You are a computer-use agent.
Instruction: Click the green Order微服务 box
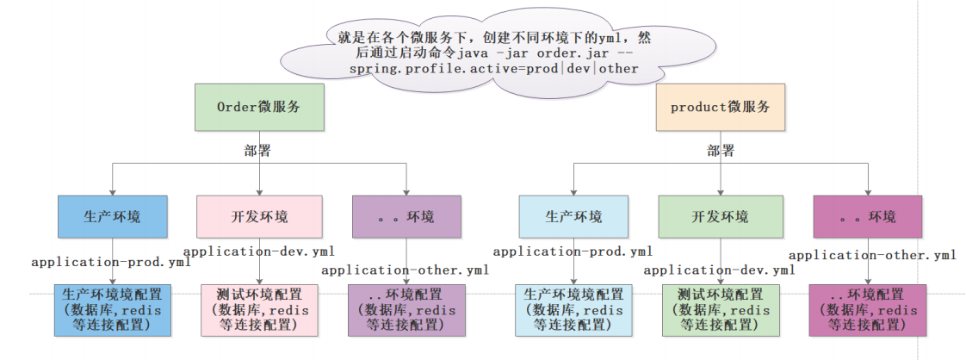click(x=259, y=108)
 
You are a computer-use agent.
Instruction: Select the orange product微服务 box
click(x=720, y=108)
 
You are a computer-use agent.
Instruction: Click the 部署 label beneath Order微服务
click(x=257, y=151)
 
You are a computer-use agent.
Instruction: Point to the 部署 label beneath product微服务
click(x=721, y=151)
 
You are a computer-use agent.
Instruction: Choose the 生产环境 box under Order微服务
click(x=112, y=216)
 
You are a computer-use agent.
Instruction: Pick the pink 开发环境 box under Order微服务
click(x=259, y=216)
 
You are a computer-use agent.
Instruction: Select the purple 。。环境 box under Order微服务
click(x=406, y=216)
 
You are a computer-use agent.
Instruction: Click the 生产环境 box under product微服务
click(x=573, y=216)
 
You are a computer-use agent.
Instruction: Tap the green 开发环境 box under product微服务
click(x=720, y=216)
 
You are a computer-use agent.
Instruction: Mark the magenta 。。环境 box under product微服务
click(x=867, y=216)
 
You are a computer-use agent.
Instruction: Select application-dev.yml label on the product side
click(x=718, y=270)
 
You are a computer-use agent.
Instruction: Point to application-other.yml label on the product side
click(x=872, y=255)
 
